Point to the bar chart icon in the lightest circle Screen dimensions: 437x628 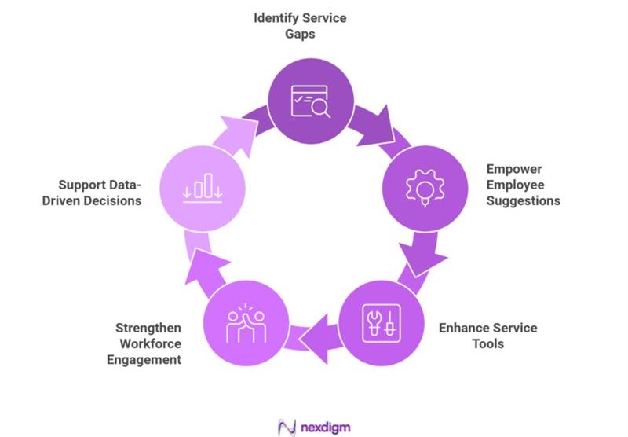point(203,187)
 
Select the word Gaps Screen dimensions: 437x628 point(312,34)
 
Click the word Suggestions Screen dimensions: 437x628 point(524,200)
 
